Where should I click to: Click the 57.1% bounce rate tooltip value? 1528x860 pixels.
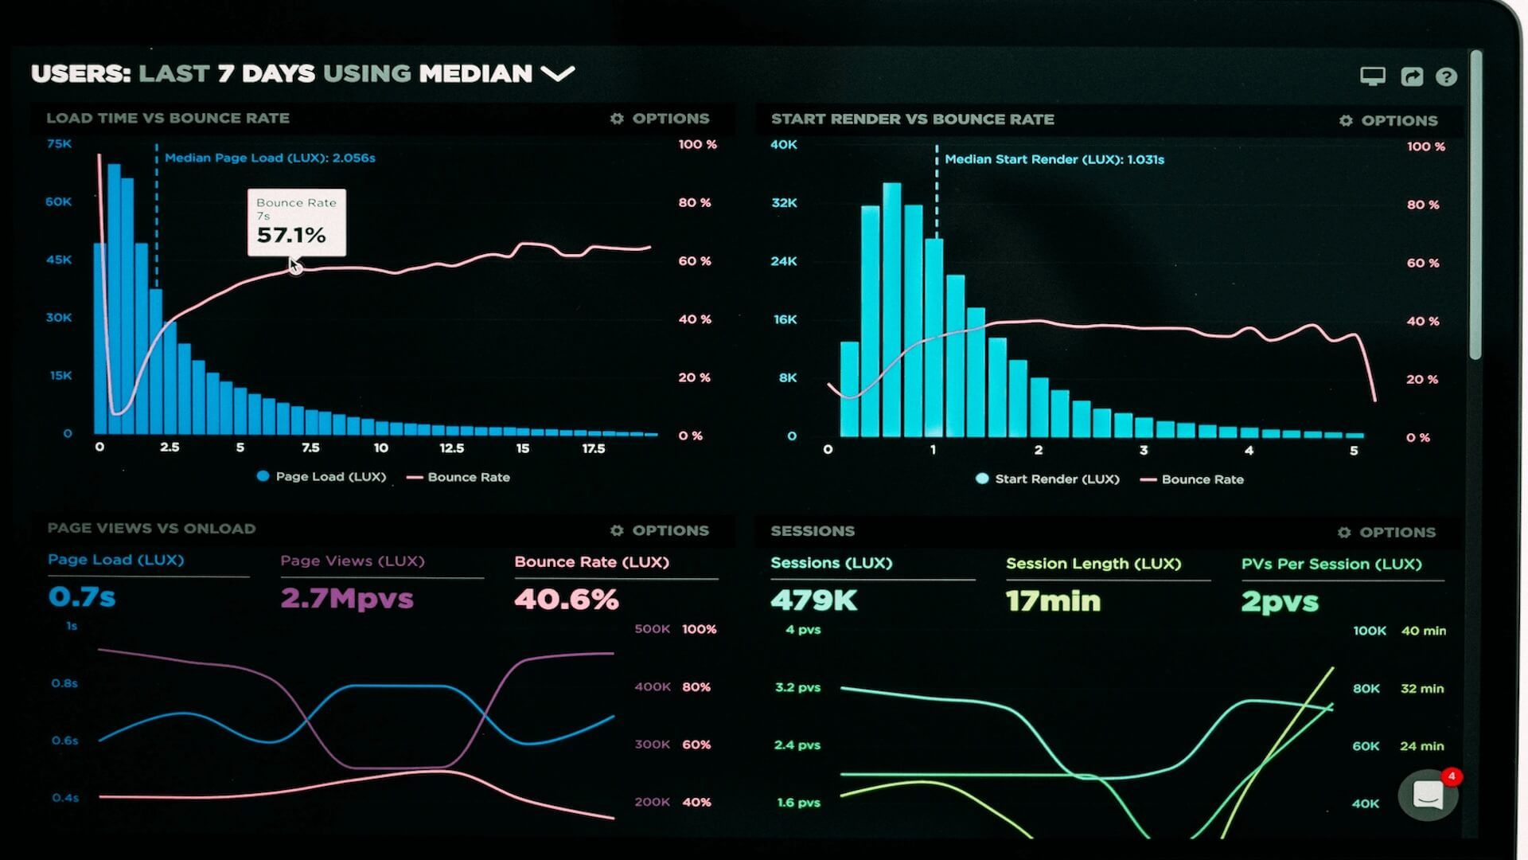pos(291,235)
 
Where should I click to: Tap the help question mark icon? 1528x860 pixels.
pos(1446,76)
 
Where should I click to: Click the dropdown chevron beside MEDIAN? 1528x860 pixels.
pos(557,74)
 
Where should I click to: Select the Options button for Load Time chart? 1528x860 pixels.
pos(660,119)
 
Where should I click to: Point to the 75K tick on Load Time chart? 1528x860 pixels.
pos(59,144)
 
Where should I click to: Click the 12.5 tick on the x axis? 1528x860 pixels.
pos(451,448)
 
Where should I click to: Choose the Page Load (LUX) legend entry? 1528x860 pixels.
pos(322,476)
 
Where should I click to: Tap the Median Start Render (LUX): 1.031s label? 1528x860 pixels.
pos(1054,159)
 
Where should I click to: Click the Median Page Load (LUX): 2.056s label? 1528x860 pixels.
pos(270,158)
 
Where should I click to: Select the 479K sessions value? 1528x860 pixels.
pos(813,600)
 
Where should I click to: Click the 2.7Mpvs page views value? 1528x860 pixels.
pos(347,598)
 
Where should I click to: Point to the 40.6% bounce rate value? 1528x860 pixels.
pos(566,599)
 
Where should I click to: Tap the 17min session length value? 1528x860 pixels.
pos(1053,601)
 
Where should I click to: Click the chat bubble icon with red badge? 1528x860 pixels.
pos(1428,794)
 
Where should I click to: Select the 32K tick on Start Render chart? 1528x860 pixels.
pos(784,203)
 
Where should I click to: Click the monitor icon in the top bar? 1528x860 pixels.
pos(1372,76)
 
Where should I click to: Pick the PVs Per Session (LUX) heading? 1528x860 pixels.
pos(1331,564)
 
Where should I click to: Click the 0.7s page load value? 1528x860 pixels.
pos(82,596)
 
